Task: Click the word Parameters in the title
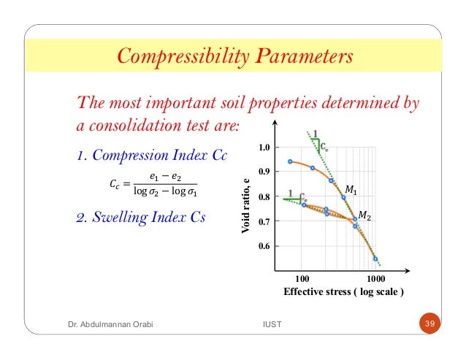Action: click(299, 56)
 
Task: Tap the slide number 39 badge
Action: click(429, 322)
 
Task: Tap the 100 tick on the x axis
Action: click(300, 279)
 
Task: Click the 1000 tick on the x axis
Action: click(375, 279)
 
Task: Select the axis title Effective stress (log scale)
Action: click(344, 292)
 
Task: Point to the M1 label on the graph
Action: click(351, 191)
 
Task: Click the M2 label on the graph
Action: click(364, 217)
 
